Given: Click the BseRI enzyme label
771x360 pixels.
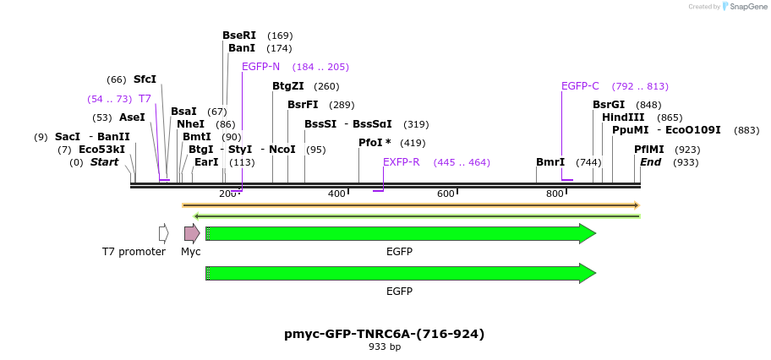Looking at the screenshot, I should click(x=239, y=35).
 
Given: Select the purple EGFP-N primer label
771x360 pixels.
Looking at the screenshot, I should click(x=260, y=67).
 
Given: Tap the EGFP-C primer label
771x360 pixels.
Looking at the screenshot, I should click(x=580, y=86).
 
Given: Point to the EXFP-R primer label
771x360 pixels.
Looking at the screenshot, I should click(x=401, y=162).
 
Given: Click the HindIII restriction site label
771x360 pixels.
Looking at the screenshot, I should click(x=623, y=117).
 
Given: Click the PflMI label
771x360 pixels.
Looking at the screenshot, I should click(x=649, y=150).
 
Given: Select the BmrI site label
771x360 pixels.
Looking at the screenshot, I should click(x=550, y=162).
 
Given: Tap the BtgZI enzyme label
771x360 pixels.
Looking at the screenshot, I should click(x=288, y=86).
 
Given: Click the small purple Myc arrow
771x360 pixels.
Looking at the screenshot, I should click(x=192, y=233).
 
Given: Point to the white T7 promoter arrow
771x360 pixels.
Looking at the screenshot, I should click(x=163, y=233).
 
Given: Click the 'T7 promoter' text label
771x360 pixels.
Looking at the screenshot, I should click(x=134, y=252).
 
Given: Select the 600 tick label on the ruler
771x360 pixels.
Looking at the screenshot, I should click(x=446, y=194).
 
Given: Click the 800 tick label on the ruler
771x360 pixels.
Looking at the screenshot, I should click(x=555, y=194).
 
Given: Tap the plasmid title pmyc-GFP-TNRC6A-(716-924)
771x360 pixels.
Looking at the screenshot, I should click(x=385, y=334).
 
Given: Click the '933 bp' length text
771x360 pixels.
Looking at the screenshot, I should click(x=385, y=346).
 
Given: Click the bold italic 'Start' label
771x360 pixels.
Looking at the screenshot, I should click(x=104, y=162).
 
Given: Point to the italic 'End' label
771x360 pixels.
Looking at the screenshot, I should click(x=650, y=162).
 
